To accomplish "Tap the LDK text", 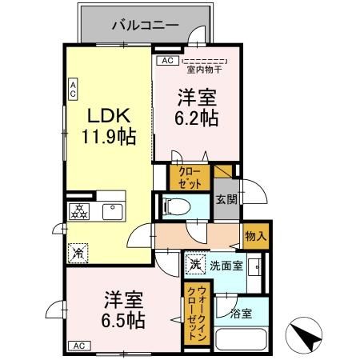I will [106, 111].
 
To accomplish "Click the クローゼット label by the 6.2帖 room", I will [189, 177].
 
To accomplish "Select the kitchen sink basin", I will [111, 212].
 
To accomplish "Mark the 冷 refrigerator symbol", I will [78, 253].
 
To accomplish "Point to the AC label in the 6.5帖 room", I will [78, 346].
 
